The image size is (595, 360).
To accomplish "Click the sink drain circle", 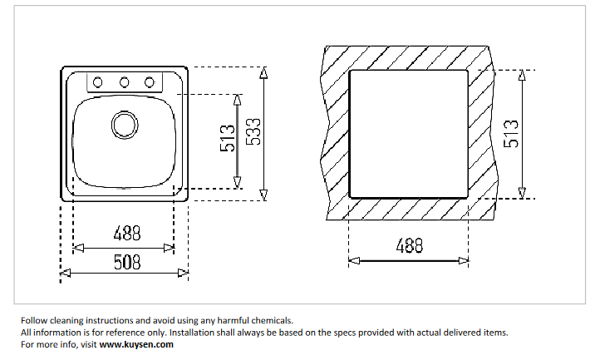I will click(124, 126).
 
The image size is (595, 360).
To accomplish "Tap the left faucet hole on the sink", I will click(98, 81).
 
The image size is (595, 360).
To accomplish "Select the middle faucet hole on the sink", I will click(124, 81).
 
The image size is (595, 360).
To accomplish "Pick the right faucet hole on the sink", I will click(150, 81).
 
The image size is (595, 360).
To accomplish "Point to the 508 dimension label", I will click(125, 262).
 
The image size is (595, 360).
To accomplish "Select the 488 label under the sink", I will click(125, 234).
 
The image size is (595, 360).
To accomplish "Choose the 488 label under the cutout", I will click(408, 246).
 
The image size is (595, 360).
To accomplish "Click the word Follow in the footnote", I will click(34, 320).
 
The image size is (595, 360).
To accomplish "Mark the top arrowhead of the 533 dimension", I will click(264, 72).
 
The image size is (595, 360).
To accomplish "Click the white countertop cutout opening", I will click(408, 133).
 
